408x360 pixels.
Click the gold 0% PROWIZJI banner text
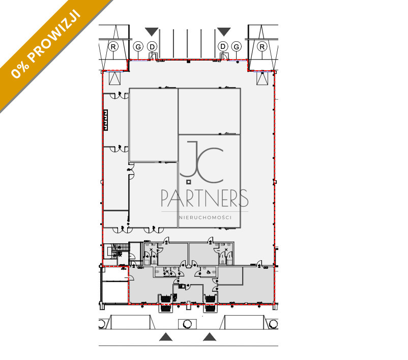point(46,44)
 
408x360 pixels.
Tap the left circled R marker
point(113,47)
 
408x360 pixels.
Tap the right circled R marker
point(262,47)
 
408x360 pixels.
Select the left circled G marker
point(138,47)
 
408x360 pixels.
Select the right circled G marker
point(236,47)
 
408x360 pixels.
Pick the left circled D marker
point(152,47)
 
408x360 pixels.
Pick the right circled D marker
point(223,47)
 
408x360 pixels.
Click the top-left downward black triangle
point(152,32)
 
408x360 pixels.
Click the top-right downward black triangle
point(224,32)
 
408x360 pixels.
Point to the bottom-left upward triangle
point(166,337)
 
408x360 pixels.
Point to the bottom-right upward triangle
point(210,337)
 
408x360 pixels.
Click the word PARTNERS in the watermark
point(205,198)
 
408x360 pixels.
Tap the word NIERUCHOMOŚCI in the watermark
point(206,217)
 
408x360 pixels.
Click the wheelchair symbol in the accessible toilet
point(209,272)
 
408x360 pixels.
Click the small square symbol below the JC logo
point(188,182)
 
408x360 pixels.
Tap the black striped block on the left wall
point(105,120)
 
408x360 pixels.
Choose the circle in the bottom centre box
point(187,324)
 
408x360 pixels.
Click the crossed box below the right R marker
point(263,78)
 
